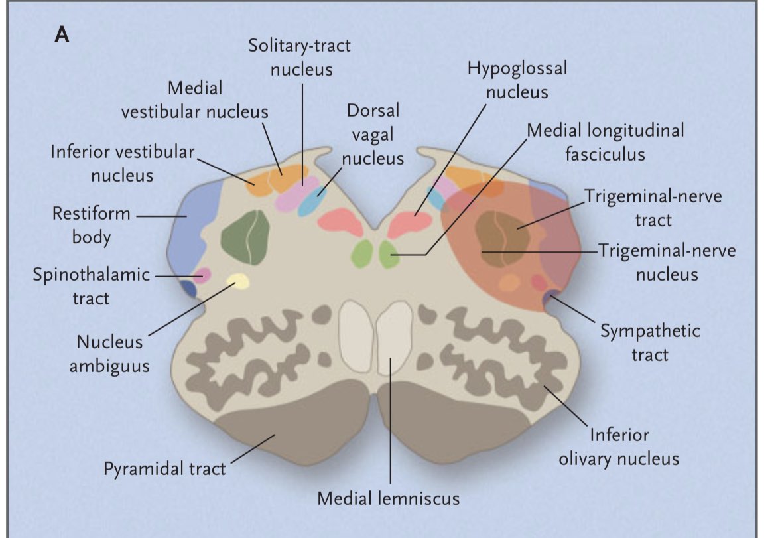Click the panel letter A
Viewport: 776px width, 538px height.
coord(61,34)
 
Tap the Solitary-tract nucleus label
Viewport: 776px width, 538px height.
coord(300,57)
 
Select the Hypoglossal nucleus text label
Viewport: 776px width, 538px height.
coord(517,80)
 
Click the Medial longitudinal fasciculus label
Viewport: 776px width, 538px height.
coord(605,142)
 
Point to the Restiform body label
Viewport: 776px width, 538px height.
coord(92,226)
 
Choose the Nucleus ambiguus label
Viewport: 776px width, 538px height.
coord(109,354)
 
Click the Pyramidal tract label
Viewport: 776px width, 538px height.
coord(164,468)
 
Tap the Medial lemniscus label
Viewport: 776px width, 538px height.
coord(388,498)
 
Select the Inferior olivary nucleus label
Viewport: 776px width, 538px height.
coord(618,446)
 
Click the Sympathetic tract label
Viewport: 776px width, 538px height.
coord(650,342)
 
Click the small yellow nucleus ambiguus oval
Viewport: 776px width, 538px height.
coord(237,282)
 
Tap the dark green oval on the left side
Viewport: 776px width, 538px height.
coord(245,237)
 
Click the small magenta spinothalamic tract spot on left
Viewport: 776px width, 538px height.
coord(202,275)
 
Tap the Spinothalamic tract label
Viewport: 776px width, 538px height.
coord(92,286)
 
